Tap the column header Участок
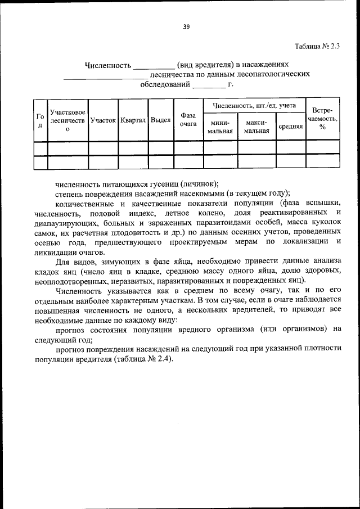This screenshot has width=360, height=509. point(103,120)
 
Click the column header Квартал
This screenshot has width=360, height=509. point(133,120)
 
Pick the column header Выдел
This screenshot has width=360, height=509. point(161,120)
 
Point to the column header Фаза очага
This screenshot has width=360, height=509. point(188,120)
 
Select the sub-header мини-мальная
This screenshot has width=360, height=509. point(220,127)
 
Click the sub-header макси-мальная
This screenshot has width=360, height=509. point(256,127)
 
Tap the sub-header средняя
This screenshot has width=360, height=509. point(291,127)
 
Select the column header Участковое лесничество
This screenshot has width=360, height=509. point(67,120)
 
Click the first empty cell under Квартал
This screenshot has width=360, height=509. point(133,148)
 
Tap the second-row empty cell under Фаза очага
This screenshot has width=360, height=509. point(188,162)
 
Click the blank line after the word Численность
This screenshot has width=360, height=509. point(154,66)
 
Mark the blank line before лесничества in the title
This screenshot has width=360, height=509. point(105,75)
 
